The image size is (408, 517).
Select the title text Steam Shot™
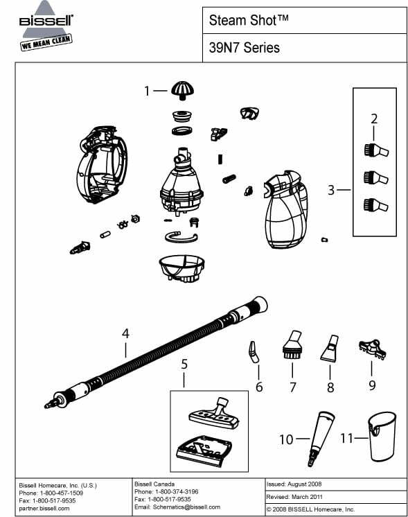point(249,21)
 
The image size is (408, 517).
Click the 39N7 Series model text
point(244,48)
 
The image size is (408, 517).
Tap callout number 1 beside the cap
point(147,90)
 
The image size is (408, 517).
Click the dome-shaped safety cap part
point(182,89)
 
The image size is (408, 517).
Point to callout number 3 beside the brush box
point(332,189)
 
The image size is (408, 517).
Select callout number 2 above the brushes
point(374,119)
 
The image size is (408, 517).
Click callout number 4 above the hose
point(125,333)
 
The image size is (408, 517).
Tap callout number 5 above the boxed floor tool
point(184,362)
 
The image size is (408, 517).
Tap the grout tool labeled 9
point(371,348)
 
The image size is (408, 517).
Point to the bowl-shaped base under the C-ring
point(181,267)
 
